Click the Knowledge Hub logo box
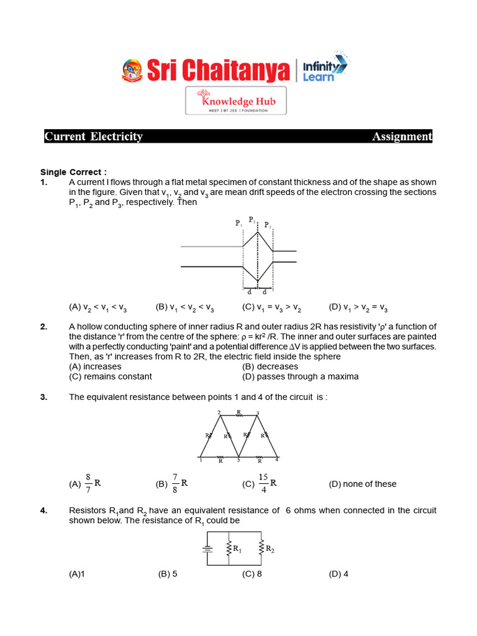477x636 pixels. [236, 101]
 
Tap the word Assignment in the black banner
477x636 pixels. [401, 137]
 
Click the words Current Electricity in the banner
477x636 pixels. [94, 137]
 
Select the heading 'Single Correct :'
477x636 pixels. [73, 172]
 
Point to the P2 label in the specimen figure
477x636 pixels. [252, 220]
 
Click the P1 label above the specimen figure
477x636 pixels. [239, 224]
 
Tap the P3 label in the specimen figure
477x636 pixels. [268, 225]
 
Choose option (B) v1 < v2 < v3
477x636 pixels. [185, 307]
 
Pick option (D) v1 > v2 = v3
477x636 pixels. [358, 307]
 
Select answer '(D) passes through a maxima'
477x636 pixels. [300, 376]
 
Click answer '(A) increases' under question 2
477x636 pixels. [95, 366]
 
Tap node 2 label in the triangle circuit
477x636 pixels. [219, 412]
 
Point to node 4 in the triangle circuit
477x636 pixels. [276, 460]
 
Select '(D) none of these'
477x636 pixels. [362, 484]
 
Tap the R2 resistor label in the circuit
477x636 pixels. [270, 548]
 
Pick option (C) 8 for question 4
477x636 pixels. [252, 574]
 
